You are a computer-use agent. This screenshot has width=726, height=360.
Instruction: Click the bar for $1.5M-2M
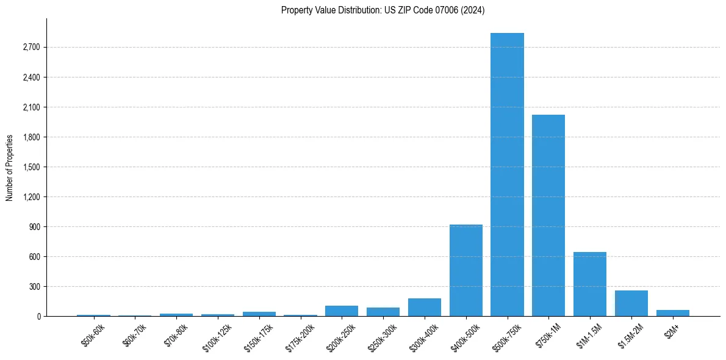[x=631, y=303]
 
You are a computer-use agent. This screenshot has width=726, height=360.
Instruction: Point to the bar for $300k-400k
[x=425, y=308]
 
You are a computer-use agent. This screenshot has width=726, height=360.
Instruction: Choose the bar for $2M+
[x=673, y=313]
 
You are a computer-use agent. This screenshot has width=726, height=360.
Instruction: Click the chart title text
[x=383, y=10]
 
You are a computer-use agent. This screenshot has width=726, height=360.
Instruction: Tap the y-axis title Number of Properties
[x=10, y=168]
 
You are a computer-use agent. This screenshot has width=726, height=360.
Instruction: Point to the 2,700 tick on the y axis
[x=31, y=48]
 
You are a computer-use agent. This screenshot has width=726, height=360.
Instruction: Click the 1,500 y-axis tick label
[x=31, y=167]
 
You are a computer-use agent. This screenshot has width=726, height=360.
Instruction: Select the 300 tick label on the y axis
[x=34, y=287]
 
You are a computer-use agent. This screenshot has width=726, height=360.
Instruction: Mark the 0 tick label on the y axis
[x=38, y=317]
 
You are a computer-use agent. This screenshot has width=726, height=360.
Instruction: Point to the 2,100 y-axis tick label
[x=31, y=107]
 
